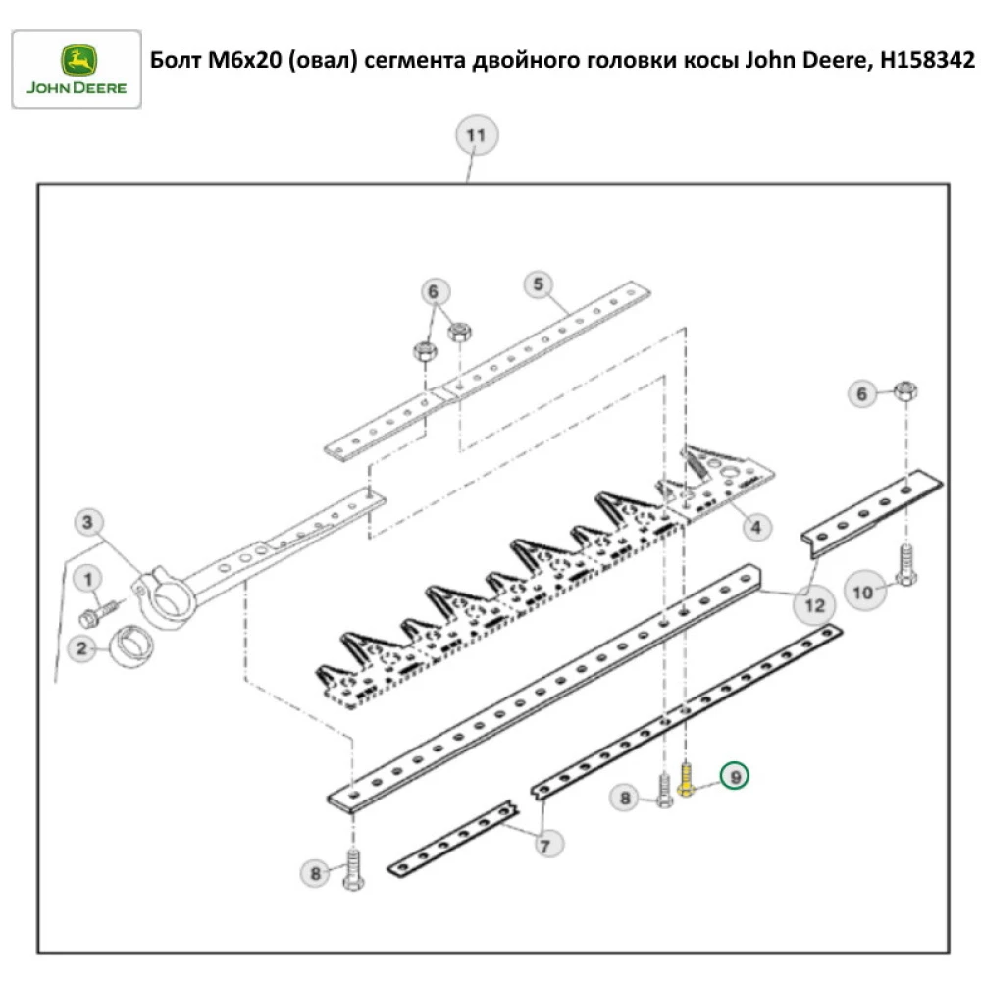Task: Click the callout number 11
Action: pos(475,135)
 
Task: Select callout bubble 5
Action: pos(538,285)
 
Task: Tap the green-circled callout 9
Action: pos(734,775)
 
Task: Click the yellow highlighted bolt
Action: pos(687,784)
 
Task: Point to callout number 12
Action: pos(814,605)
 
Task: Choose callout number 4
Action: pos(755,527)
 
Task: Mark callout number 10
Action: pos(862,592)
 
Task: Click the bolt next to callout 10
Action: pos(905,566)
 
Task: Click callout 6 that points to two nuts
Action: pos(437,291)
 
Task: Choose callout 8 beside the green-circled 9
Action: pos(624,799)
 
